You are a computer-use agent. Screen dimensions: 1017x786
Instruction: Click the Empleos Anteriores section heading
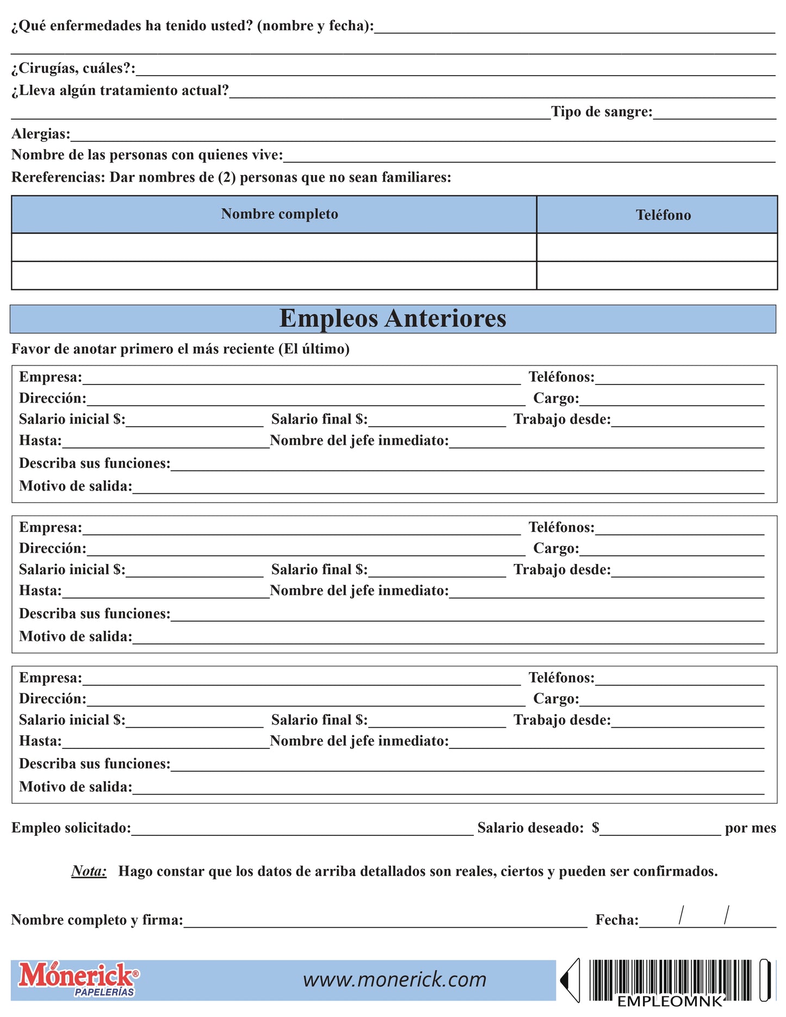click(x=392, y=319)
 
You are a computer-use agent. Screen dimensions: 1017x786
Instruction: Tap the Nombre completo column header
click(x=279, y=214)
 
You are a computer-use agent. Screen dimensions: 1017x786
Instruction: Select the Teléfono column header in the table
click(x=663, y=215)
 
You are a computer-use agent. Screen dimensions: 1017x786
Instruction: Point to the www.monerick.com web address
click(x=394, y=979)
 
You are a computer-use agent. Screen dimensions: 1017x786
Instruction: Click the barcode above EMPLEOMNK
click(x=670, y=977)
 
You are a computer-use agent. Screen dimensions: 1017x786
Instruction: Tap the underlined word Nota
click(x=89, y=871)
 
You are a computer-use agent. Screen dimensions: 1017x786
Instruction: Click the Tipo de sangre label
click(x=601, y=112)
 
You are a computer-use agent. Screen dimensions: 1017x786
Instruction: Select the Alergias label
click(x=41, y=134)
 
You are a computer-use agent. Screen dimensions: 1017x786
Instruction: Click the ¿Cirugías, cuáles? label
click(x=73, y=69)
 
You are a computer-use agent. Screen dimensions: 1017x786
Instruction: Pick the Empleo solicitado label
click(x=71, y=828)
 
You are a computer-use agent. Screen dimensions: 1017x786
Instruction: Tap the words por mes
click(x=750, y=828)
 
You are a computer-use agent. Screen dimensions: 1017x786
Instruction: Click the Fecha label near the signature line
click(x=617, y=920)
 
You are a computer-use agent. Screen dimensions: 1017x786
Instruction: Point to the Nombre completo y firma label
click(x=97, y=920)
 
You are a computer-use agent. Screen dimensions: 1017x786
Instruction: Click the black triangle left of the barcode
click(x=569, y=980)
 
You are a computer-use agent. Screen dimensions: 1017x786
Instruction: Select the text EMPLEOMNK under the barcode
click(x=670, y=1001)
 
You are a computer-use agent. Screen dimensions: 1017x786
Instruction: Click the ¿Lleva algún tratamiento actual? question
click(x=120, y=90)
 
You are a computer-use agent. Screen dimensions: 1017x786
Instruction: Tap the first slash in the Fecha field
click(x=680, y=915)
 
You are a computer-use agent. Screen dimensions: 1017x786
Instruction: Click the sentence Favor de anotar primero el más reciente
click(x=180, y=349)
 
